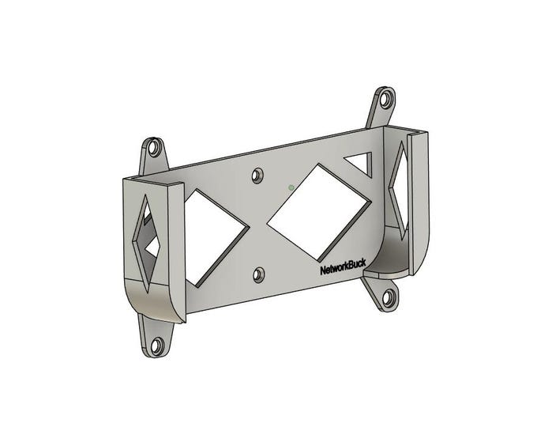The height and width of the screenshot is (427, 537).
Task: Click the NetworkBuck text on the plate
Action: point(343,267)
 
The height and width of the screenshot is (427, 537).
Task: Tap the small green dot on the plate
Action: point(291,187)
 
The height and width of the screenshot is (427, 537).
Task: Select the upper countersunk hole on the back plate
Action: point(257,176)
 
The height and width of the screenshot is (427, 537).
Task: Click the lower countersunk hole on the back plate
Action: point(258,275)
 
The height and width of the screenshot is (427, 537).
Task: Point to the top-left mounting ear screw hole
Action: point(154,148)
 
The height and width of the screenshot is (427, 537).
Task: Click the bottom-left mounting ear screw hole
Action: point(157,345)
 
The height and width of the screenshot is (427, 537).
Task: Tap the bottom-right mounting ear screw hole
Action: point(389,297)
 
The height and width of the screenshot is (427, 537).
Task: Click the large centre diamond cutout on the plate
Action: point(318,212)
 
